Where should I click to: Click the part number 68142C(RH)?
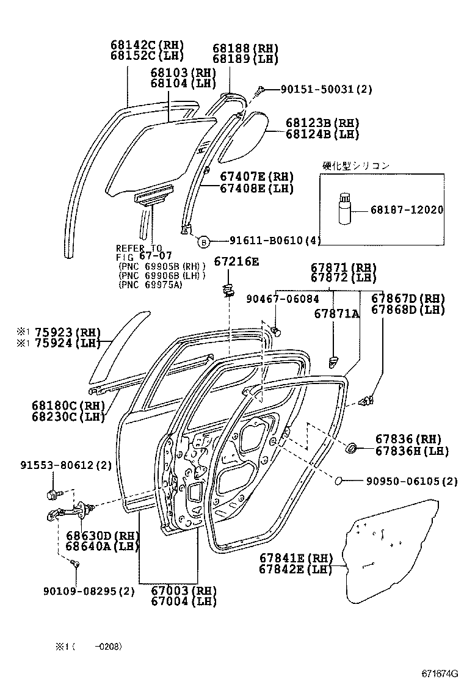147,46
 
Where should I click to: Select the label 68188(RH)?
245,49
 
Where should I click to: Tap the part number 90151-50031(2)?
326,90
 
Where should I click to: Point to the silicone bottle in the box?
344,209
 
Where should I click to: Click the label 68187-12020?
407,209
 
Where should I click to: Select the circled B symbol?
203,241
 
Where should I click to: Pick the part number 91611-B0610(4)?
275,241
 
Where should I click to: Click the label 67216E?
236,262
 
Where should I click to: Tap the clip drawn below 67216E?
230,289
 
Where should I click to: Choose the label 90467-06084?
282,299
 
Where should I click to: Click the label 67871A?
336,313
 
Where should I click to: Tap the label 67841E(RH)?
295,558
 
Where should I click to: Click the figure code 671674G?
439,673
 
